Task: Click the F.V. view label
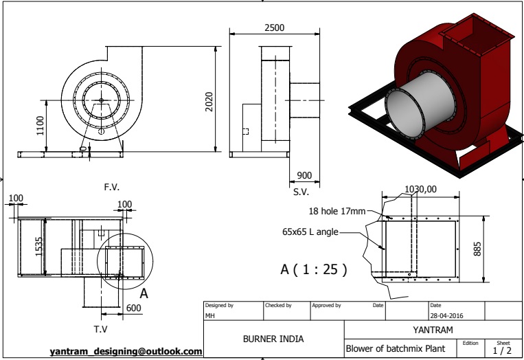coord(112,187)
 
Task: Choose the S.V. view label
coord(301,192)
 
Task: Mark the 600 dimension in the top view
coord(133,308)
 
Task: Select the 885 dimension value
coord(477,248)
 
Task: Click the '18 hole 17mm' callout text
coord(337,212)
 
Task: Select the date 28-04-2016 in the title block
coord(447,315)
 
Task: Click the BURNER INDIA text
coord(273,339)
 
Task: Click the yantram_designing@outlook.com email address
coord(126,351)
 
